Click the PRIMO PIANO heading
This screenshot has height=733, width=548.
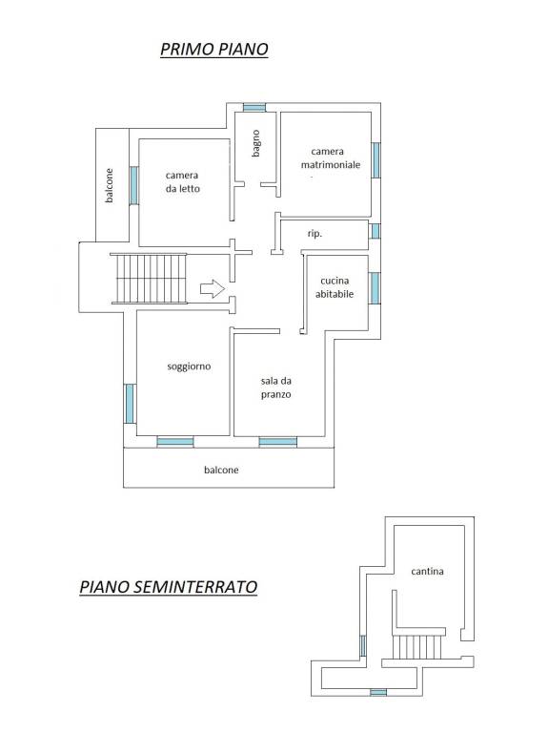(x=214, y=49)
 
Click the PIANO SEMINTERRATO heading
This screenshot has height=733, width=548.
(x=169, y=587)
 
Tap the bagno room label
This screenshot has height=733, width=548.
(x=255, y=143)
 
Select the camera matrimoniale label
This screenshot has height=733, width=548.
(x=330, y=158)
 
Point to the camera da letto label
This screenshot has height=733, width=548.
(x=183, y=182)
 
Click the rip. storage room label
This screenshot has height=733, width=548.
(x=315, y=233)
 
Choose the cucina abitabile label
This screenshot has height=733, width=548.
(x=335, y=287)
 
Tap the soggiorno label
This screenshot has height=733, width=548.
(x=189, y=366)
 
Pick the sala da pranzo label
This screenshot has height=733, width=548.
(x=275, y=387)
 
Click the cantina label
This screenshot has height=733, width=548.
(x=427, y=572)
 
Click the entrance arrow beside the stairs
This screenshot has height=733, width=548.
(x=213, y=288)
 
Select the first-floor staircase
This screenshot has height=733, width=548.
(x=149, y=279)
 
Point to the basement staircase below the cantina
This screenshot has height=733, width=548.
(x=416, y=646)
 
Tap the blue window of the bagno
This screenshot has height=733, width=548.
(x=254, y=108)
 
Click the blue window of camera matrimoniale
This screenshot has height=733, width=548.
(x=375, y=160)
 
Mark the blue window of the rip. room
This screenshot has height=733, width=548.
(x=375, y=231)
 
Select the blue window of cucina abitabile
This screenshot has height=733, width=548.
(x=375, y=288)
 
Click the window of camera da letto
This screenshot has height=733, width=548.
(x=134, y=185)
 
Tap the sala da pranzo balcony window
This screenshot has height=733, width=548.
(x=277, y=442)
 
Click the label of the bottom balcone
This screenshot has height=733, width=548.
(x=221, y=470)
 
